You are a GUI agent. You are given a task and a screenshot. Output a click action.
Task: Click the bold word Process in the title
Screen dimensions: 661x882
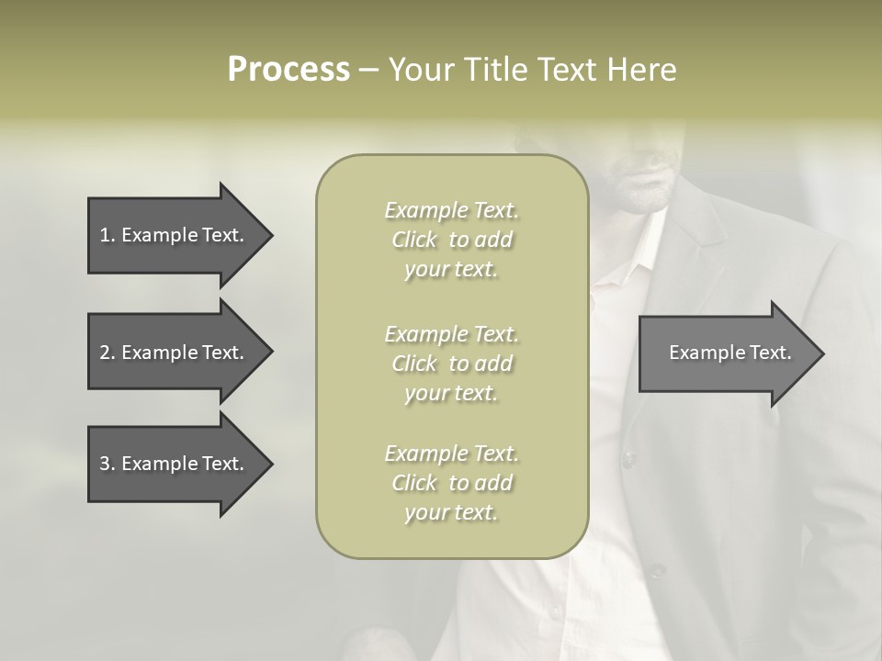288,70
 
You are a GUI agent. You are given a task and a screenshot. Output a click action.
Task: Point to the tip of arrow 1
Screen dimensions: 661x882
271,235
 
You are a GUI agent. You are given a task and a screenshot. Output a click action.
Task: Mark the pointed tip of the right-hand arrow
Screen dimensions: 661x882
822,353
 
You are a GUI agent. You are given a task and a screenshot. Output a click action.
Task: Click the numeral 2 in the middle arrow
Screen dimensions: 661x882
105,353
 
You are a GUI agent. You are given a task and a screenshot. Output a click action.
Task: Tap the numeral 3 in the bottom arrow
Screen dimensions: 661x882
105,464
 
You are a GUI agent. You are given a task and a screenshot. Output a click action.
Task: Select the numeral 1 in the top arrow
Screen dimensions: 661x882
104,235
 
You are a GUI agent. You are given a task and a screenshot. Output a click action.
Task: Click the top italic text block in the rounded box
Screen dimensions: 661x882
451,240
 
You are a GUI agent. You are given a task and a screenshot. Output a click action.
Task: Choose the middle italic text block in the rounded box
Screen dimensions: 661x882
451,364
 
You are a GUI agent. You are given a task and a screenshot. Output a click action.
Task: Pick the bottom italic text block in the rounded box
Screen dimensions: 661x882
451,483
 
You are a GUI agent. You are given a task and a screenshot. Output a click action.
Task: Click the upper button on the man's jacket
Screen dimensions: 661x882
629,457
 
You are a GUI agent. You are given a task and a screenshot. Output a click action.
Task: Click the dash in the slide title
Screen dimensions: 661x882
368,70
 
